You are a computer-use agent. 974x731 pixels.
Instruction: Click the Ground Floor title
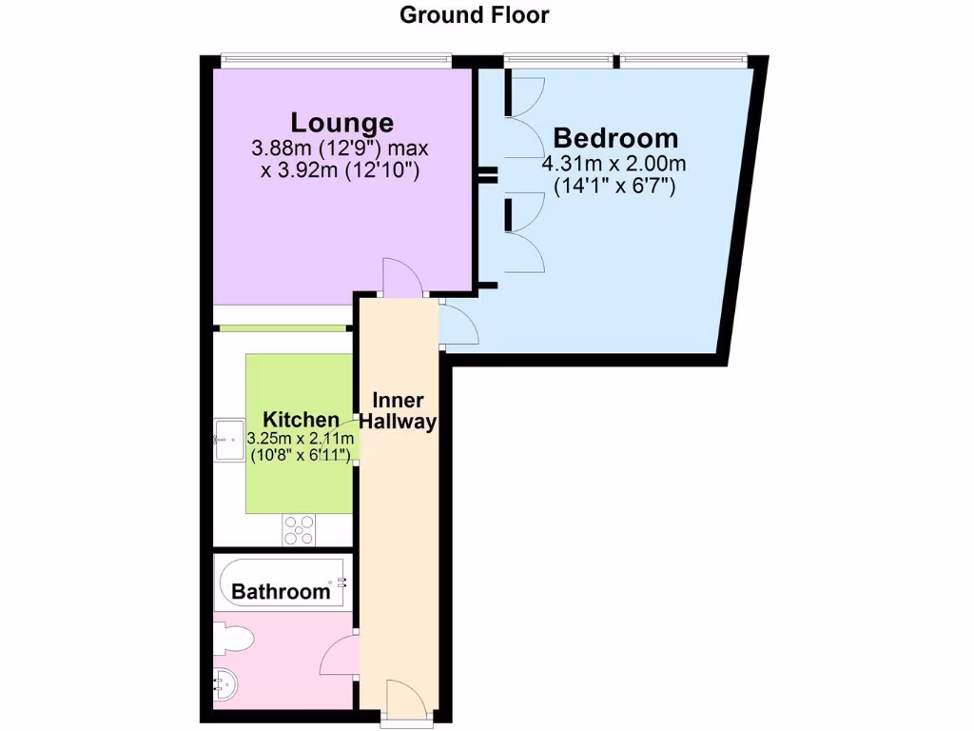[474, 15]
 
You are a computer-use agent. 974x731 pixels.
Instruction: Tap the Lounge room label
[341, 123]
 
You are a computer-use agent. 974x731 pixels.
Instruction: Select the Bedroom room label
[615, 138]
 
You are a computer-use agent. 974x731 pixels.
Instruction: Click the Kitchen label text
[301, 420]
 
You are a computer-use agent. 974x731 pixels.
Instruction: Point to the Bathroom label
[281, 592]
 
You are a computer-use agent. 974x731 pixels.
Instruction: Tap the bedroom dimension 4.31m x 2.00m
[614, 164]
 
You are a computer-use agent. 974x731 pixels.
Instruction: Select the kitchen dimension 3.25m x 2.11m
[301, 438]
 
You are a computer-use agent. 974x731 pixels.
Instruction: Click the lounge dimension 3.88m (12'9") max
[341, 149]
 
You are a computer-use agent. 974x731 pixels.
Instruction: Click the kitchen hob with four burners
[299, 529]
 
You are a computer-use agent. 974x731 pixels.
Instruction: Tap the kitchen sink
[226, 440]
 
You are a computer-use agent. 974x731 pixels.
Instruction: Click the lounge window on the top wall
[335, 59]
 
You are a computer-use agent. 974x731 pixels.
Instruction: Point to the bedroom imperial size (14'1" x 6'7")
[614, 187]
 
